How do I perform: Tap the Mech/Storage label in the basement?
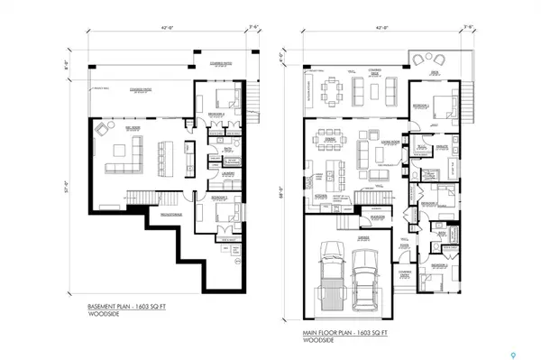[x=169, y=214]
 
